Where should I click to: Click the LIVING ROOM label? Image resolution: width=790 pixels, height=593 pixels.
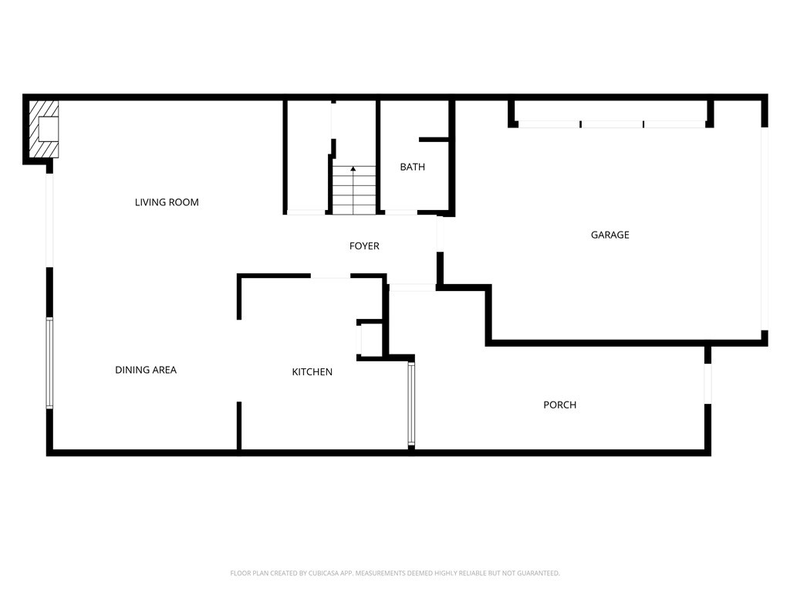tap(167, 202)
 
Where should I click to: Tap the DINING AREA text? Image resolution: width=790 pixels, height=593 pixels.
tap(146, 370)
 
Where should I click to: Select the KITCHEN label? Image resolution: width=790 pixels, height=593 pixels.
tap(312, 371)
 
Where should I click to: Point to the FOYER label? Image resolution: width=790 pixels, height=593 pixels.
tap(364, 246)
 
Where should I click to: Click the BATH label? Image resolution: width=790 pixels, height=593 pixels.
tap(412, 167)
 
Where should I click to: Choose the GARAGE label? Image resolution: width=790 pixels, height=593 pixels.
tap(609, 235)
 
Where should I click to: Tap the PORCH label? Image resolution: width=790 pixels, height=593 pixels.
tap(560, 405)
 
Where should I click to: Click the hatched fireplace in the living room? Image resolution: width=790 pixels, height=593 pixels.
tap(43, 129)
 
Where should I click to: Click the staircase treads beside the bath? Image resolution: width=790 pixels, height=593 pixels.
tap(353, 190)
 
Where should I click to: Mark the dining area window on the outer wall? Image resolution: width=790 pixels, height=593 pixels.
tap(49, 362)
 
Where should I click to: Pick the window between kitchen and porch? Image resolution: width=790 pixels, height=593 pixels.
tap(411, 404)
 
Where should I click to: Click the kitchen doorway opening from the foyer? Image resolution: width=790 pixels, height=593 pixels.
tap(330, 276)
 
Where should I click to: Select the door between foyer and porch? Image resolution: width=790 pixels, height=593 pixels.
tap(412, 287)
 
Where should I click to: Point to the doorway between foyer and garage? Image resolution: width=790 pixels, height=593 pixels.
tap(439, 234)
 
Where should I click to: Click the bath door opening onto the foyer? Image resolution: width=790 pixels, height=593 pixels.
tap(401, 213)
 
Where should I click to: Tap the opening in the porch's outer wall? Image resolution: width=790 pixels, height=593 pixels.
tap(707, 383)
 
